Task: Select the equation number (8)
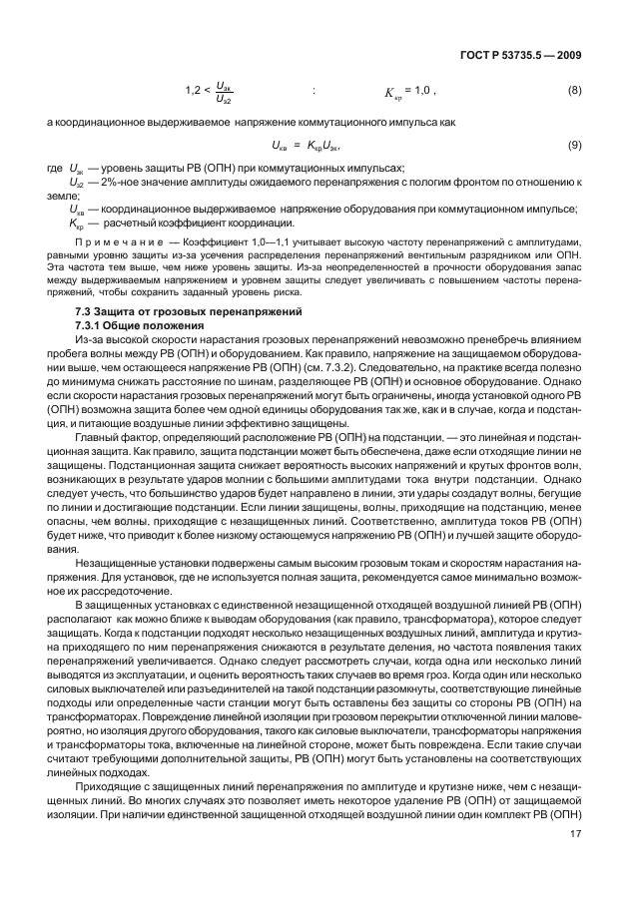coord(574,92)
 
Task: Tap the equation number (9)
coord(574,147)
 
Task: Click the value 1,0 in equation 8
coord(423,92)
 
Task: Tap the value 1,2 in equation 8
coord(194,92)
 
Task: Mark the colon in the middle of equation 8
coord(314,92)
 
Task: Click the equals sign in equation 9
coord(297,147)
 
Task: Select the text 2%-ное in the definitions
coord(110,184)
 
